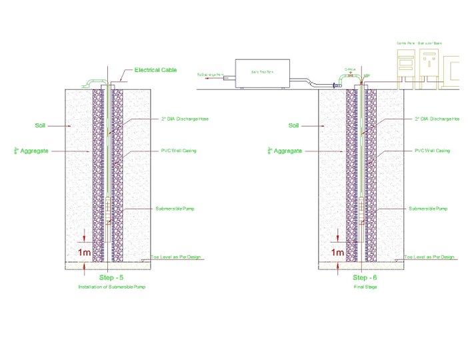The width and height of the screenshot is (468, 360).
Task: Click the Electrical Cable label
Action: point(155,70)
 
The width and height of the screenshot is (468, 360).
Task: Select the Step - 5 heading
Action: point(111,277)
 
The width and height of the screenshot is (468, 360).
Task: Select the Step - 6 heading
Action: point(365,277)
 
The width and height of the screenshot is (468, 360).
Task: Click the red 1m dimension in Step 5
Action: point(85,253)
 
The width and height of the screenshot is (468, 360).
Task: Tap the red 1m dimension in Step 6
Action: point(338,253)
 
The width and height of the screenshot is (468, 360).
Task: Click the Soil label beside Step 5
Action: point(41,125)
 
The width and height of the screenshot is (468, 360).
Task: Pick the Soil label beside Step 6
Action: point(294,125)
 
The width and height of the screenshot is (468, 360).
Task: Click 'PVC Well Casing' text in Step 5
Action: point(179,151)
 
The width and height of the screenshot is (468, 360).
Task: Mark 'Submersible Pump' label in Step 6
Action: point(427,209)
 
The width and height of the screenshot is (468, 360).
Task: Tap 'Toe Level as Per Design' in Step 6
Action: point(429,257)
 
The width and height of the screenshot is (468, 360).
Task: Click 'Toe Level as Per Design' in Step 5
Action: point(176,257)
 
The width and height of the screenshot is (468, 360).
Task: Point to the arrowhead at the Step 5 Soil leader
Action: point(69,125)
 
